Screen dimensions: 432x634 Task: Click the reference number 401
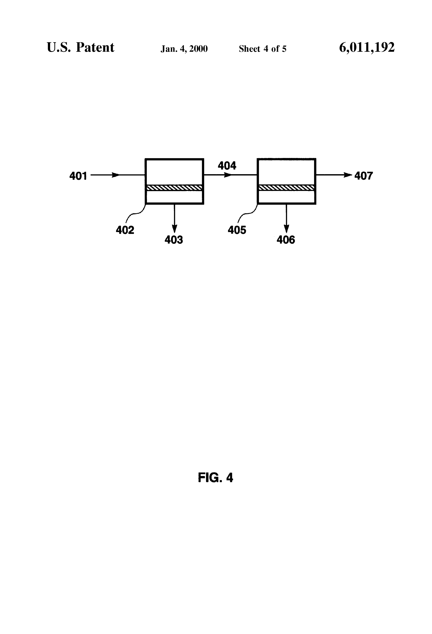[78, 176]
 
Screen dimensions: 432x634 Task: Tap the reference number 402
[125, 230]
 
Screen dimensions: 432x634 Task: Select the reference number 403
[174, 240]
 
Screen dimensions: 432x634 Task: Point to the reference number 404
[227, 166]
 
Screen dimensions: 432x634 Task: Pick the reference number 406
[286, 240]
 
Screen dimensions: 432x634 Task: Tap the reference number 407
[363, 176]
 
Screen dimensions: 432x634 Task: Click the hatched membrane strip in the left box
[174, 188]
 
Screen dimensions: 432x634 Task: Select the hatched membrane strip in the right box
[286, 188]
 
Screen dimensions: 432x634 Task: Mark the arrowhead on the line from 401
[116, 175]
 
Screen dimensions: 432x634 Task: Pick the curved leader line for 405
[248, 214]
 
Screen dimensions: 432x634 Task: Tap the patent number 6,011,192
[367, 48]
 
